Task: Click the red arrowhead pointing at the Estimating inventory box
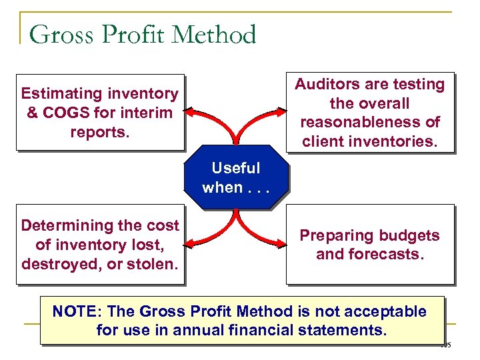coord(190,111)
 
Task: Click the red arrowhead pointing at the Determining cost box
coord(190,244)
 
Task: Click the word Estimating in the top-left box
coord(61,94)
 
